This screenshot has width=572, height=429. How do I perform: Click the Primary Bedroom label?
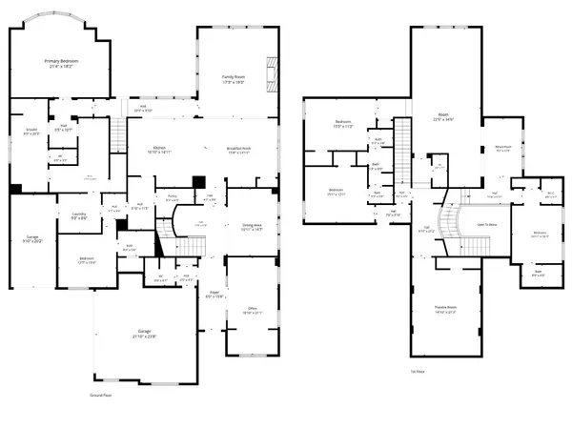click(61, 61)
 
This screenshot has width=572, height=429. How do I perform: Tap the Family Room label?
click(234, 76)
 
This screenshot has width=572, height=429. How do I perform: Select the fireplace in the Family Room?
click(275, 71)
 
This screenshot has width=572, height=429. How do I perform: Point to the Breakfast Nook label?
click(238, 148)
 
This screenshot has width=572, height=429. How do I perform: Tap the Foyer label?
click(214, 294)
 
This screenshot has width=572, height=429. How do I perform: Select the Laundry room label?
click(66, 214)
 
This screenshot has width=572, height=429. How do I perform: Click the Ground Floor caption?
click(101, 393)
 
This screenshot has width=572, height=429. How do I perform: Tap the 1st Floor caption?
click(417, 371)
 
